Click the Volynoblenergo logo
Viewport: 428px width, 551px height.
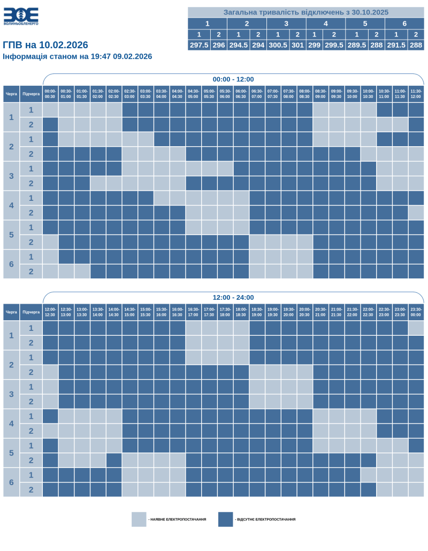click(21, 17)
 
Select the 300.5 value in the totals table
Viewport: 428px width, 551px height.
click(278, 46)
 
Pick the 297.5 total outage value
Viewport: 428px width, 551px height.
click(199, 46)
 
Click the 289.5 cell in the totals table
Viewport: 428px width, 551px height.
click(357, 46)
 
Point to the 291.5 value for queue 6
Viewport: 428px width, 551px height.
click(396, 46)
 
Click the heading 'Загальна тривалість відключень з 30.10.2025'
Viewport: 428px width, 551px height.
click(305, 12)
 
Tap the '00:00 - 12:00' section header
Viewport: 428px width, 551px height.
click(233, 79)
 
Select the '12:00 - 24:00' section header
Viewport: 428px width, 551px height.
click(233, 298)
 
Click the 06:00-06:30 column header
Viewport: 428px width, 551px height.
click(241, 93)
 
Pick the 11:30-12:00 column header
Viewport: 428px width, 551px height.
click(416, 93)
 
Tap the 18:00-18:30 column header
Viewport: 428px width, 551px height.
click(241, 312)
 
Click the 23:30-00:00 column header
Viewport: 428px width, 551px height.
click(416, 312)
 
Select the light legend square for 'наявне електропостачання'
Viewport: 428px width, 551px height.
click(139, 519)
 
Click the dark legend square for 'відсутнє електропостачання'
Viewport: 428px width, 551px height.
click(226, 519)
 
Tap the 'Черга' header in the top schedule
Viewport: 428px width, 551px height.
click(11, 93)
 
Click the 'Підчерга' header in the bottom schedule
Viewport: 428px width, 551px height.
click(31, 312)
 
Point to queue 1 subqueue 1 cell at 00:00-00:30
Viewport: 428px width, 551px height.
click(50, 110)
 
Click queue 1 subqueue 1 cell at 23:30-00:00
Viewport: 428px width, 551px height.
click(416, 328)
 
